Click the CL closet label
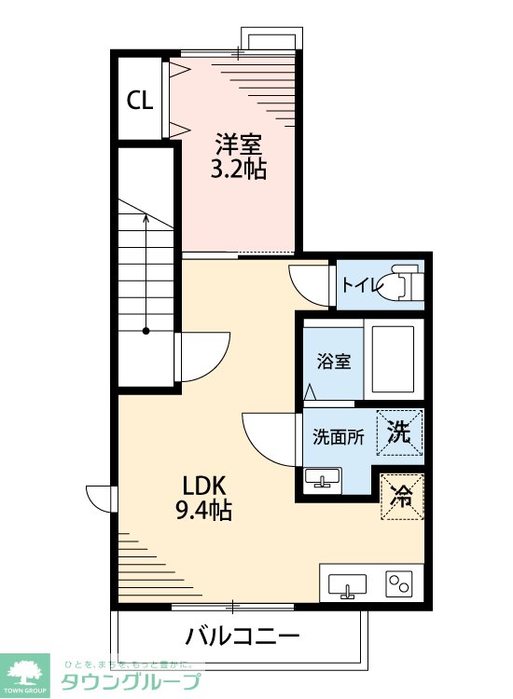point(140,101)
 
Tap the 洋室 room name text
point(238,144)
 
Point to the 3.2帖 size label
point(239,169)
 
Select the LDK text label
point(204,486)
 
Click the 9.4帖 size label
point(204,510)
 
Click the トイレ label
point(361,284)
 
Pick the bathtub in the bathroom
point(394,359)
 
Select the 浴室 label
point(334,361)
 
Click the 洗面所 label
point(338,436)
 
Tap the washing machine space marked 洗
point(399,432)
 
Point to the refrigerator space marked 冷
point(401,497)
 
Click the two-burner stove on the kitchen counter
point(399,583)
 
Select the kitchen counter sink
point(348,586)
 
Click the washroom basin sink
point(323,479)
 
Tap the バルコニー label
point(243,636)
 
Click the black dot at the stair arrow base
point(146,331)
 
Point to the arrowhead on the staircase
point(146,217)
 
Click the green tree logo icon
point(25,672)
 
